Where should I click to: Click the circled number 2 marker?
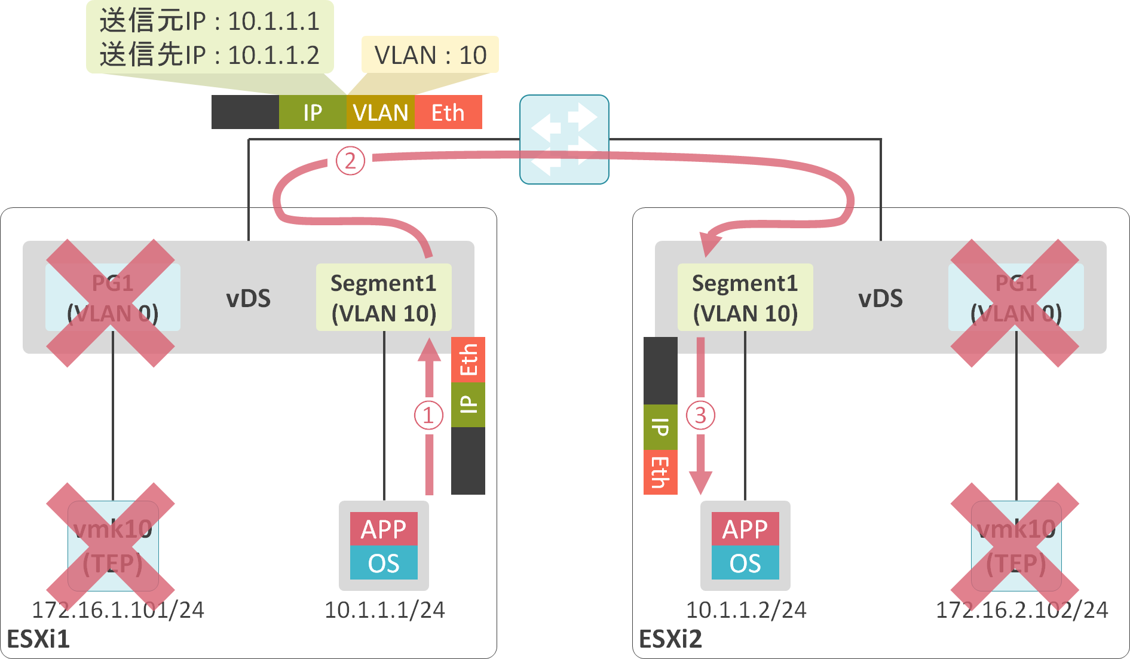click(x=350, y=161)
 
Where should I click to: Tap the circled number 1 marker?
click(x=428, y=415)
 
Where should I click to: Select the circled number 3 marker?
click(x=700, y=415)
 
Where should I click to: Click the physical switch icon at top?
click(x=564, y=139)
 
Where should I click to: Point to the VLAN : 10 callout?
click(x=430, y=55)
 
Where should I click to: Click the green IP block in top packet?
click(x=313, y=112)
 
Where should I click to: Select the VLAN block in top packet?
click(x=380, y=112)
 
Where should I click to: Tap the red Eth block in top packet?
click(x=448, y=112)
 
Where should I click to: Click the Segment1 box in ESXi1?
click(x=384, y=298)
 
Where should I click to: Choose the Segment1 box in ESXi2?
click(x=745, y=298)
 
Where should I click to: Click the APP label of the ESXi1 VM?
click(x=384, y=529)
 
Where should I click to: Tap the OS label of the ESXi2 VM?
click(x=745, y=563)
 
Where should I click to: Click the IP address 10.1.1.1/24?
click(x=384, y=610)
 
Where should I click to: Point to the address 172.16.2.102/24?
click(x=1022, y=610)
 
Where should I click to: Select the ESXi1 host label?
click(x=38, y=639)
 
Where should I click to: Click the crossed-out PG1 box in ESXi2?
click(x=1015, y=298)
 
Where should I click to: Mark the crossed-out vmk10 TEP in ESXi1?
click(x=112, y=546)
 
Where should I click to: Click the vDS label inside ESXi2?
click(x=880, y=299)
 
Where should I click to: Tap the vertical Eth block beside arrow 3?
click(x=660, y=472)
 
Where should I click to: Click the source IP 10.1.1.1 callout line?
click(x=210, y=22)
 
